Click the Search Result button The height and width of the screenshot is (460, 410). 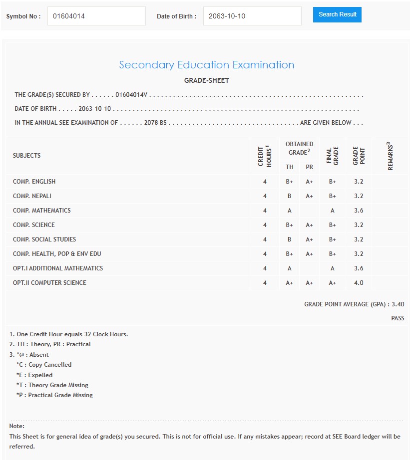337,14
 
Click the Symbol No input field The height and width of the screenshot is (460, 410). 96,16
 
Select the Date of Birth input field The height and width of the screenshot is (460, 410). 252,16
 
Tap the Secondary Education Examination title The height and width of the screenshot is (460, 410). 206,65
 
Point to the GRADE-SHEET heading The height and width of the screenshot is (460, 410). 206,80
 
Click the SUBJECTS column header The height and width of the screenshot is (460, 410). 27,156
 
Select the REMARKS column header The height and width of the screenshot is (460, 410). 390,156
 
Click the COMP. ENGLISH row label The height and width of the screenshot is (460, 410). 34,182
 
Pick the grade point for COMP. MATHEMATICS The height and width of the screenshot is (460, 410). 359,211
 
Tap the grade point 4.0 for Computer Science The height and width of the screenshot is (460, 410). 359,283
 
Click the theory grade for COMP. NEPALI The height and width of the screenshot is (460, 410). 289,196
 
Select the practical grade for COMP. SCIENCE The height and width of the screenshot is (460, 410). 309,225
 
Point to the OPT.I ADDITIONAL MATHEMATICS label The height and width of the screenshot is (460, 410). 58,268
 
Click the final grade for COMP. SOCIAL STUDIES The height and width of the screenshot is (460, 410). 333,239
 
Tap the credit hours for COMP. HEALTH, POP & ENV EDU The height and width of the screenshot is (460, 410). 265,254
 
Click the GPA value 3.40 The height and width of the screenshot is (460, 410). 398,304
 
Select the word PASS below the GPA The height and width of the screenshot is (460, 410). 398,318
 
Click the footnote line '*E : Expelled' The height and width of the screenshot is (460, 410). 34,375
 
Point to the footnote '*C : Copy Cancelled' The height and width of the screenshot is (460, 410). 44,365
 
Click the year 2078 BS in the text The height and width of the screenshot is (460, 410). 155,123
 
